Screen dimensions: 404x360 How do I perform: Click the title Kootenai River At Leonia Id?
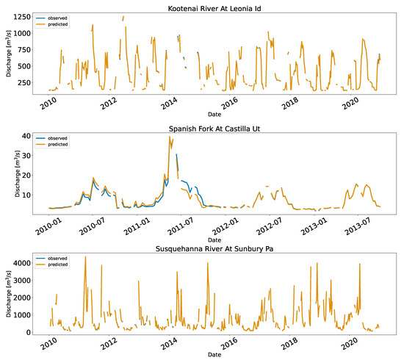point(214,9)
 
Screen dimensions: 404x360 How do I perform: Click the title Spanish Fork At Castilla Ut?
point(214,129)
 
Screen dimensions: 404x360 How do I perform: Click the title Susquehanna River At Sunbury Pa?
point(214,248)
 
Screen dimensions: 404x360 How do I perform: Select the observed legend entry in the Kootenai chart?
point(51,18)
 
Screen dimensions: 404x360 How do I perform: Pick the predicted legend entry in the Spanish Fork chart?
point(52,144)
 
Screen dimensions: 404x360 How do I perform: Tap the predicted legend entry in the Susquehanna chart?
point(52,264)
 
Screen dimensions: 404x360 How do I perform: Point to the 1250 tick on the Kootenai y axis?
point(22,17)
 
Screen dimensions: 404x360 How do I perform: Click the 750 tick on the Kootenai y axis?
point(24,50)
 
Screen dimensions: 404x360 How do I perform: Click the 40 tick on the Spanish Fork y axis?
point(26,136)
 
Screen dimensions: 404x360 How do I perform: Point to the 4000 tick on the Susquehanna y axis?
point(21,263)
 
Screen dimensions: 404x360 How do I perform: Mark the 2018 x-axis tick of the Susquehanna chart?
point(289,344)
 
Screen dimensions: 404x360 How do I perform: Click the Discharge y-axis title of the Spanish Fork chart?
point(17,173)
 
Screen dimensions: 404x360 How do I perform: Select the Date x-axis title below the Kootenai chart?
point(214,114)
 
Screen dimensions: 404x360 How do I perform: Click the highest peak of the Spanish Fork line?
point(170,137)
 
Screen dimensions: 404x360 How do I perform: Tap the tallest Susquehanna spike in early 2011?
point(85,256)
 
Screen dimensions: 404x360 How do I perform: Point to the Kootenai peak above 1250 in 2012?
point(123,17)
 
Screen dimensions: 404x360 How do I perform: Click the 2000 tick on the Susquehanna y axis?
point(21,298)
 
